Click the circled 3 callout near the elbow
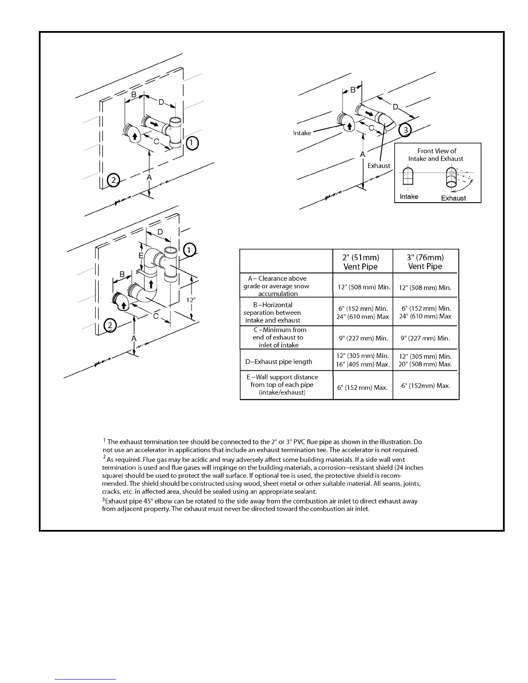pos(405,129)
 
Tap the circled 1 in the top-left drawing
pos(192,143)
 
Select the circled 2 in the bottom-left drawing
pos(110,326)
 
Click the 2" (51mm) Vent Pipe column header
pos(361,262)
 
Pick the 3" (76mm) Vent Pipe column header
pos(425,262)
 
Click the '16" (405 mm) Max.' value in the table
pos(363,364)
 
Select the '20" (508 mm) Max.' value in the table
pos(425,364)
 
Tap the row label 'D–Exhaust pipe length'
pos(279,362)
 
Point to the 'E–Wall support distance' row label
pos(282,377)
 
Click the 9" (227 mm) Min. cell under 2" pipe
pos(363,338)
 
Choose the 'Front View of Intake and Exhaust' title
pos(436,155)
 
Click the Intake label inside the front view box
pos(409,197)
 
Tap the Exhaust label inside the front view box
pos(453,198)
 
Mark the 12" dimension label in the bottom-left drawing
pos(191,300)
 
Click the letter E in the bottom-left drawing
pos(141,256)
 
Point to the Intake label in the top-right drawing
pos(302,133)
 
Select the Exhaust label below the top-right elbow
pos(378,166)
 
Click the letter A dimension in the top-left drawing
pos(149,177)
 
